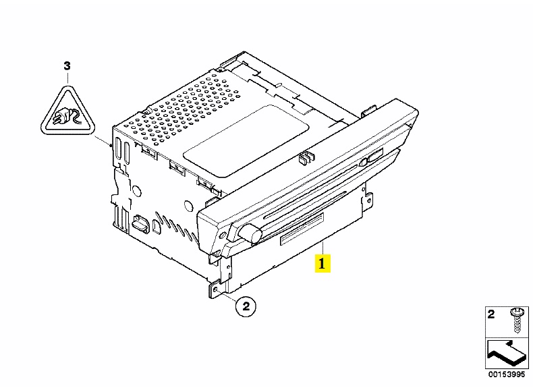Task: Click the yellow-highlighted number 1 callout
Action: point(322,263)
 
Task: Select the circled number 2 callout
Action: point(246,306)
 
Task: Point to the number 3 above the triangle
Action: point(67,65)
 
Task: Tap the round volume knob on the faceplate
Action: point(250,233)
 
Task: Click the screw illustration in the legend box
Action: point(517,321)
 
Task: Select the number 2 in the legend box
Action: point(491,314)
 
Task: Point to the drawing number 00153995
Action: point(507,375)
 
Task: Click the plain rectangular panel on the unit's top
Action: point(246,141)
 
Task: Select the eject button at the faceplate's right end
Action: point(374,156)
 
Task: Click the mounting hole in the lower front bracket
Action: point(215,289)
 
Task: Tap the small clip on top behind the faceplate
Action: point(306,157)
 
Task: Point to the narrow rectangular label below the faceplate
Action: point(302,229)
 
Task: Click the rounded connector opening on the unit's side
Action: point(140,223)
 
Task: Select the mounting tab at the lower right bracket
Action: point(368,200)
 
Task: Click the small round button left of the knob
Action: point(223,235)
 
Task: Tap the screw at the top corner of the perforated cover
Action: point(147,111)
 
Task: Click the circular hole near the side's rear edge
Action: point(137,191)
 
